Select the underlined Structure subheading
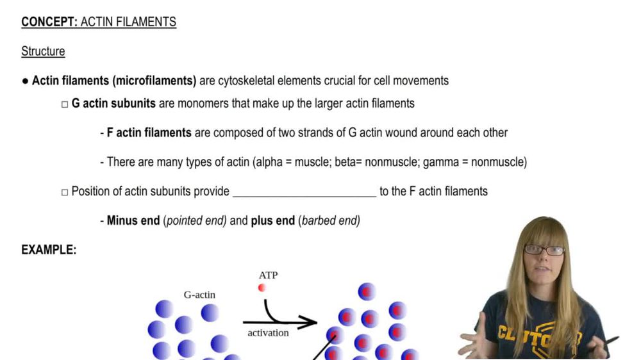pos(43,51)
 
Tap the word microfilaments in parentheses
pos(154,81)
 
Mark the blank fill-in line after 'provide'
pos(304,196)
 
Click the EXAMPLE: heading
pos(49,250)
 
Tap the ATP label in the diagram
pos(268,275)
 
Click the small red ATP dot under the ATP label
pos(262,288)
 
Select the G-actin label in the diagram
pos(199,295)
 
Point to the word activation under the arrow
pos(268,333)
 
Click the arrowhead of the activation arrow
pos(310,322)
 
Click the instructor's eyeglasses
pos(544,250)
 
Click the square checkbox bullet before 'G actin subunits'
pos(65,104)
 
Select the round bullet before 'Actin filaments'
pos(25,81)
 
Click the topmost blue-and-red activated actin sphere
pos(367,291)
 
